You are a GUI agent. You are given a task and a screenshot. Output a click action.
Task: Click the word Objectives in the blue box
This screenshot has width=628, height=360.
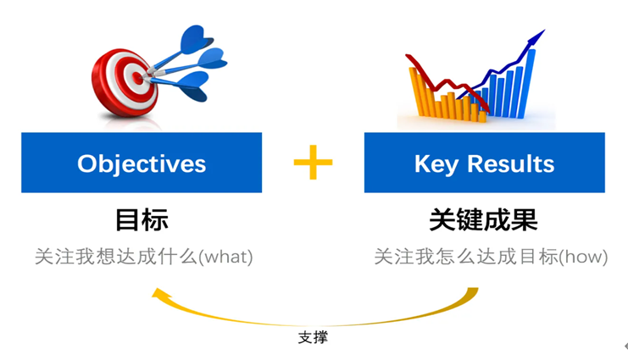(142, 163)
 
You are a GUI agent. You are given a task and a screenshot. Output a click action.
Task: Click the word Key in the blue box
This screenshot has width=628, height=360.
(435, 163)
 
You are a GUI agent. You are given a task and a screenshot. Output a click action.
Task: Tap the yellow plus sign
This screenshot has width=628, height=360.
(313, 161)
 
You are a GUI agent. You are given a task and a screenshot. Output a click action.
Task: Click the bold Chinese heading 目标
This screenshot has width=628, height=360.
(142, 220)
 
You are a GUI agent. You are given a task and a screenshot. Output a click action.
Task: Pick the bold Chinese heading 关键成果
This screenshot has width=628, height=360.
(483, 220)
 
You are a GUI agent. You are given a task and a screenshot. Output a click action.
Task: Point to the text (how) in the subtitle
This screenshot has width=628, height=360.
(584, 256)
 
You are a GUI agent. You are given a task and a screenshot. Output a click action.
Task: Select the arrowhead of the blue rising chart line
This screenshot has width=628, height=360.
(536, 35)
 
